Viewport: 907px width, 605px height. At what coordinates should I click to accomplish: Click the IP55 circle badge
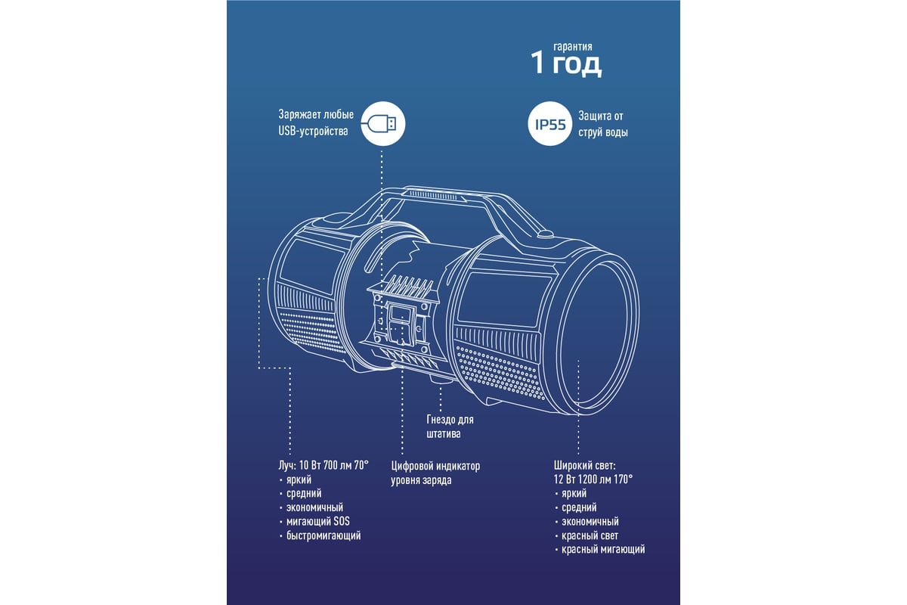tap(550, 123)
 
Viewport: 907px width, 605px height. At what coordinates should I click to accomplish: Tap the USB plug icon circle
tap(382, 123)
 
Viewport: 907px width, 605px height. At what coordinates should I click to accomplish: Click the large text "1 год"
tap(566, 64)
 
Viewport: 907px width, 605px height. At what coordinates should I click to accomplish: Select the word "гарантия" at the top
tap(573, 46)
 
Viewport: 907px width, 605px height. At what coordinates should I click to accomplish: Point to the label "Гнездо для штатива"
tap(450, 427)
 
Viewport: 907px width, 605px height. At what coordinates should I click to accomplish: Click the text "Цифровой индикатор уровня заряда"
tap(435, 473)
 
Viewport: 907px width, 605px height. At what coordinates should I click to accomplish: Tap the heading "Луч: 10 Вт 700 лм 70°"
tap(323, 465)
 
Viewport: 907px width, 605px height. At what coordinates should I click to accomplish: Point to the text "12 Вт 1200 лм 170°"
tap(593, 479)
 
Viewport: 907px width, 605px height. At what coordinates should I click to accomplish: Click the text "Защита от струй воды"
tap(603, 124)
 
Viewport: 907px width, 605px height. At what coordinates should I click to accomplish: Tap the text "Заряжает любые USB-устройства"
tap(316, 123)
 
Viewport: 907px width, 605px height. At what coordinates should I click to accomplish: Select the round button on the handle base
tap(545, 234)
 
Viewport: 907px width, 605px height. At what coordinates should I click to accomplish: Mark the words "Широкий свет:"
tap(584, 465)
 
